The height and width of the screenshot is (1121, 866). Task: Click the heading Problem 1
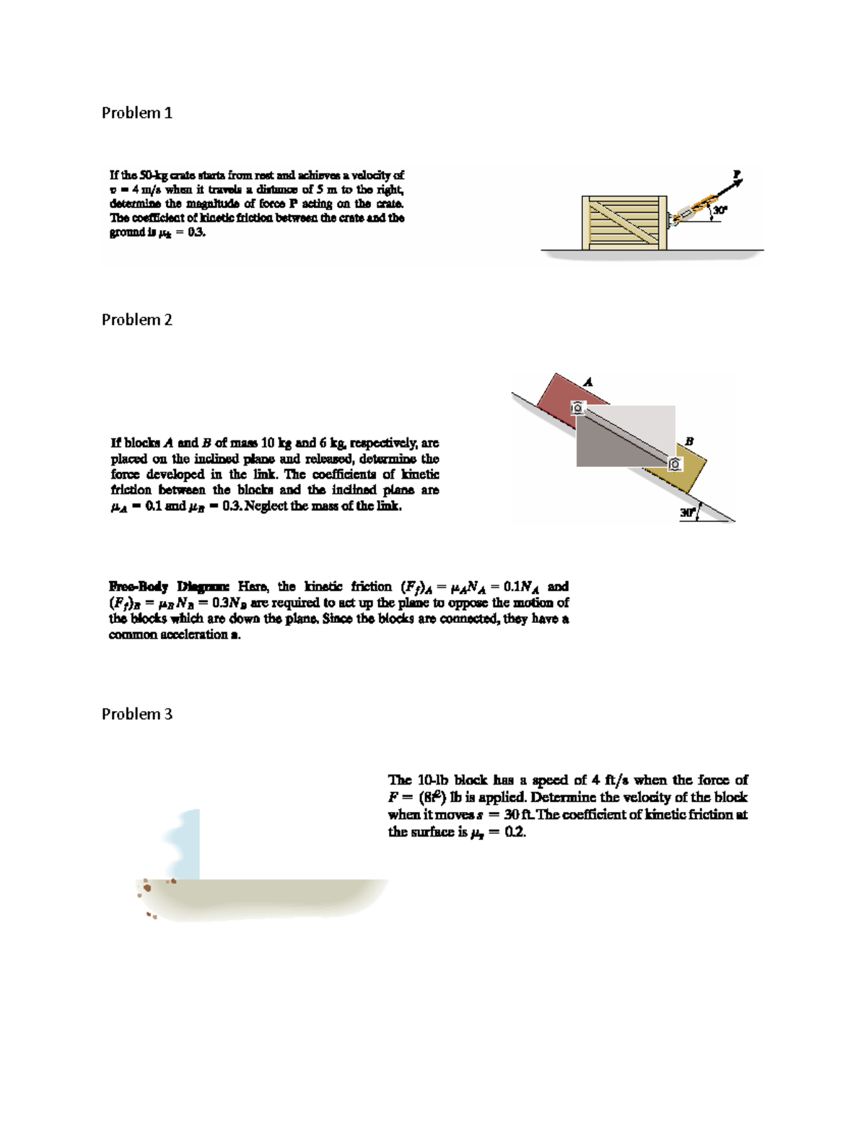coord(136,113)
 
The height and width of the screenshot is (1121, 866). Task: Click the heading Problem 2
coord(136,320)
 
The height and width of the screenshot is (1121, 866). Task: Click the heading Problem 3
coord(136,714)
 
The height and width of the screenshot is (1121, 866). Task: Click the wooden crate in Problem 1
coord(624,223)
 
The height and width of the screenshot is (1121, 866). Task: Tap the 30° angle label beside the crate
coord(721,210)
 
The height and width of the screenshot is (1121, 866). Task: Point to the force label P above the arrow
coord(736,173)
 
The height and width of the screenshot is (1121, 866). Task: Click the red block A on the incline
coord(564,397)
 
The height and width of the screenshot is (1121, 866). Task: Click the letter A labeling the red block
coord(588,381)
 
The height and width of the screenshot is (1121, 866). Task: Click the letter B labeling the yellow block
coord(689,440)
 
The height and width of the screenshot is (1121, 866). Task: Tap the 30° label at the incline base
coord(686,512)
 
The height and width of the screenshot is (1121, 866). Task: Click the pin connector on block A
coord(577,409)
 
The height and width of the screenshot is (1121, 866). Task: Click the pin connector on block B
coord(674,465)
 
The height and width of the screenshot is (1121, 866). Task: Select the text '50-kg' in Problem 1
coord(154,175)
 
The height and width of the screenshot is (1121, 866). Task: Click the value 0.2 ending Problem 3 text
coord(515,832)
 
